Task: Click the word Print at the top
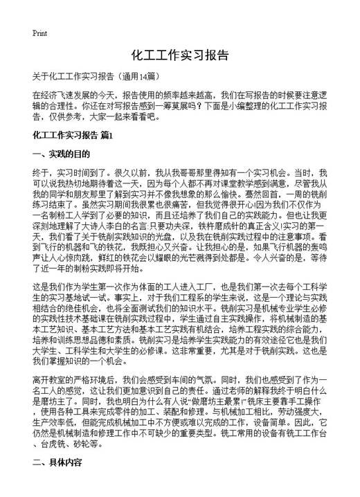click(40, 33)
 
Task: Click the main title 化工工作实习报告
click(179, 55)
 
